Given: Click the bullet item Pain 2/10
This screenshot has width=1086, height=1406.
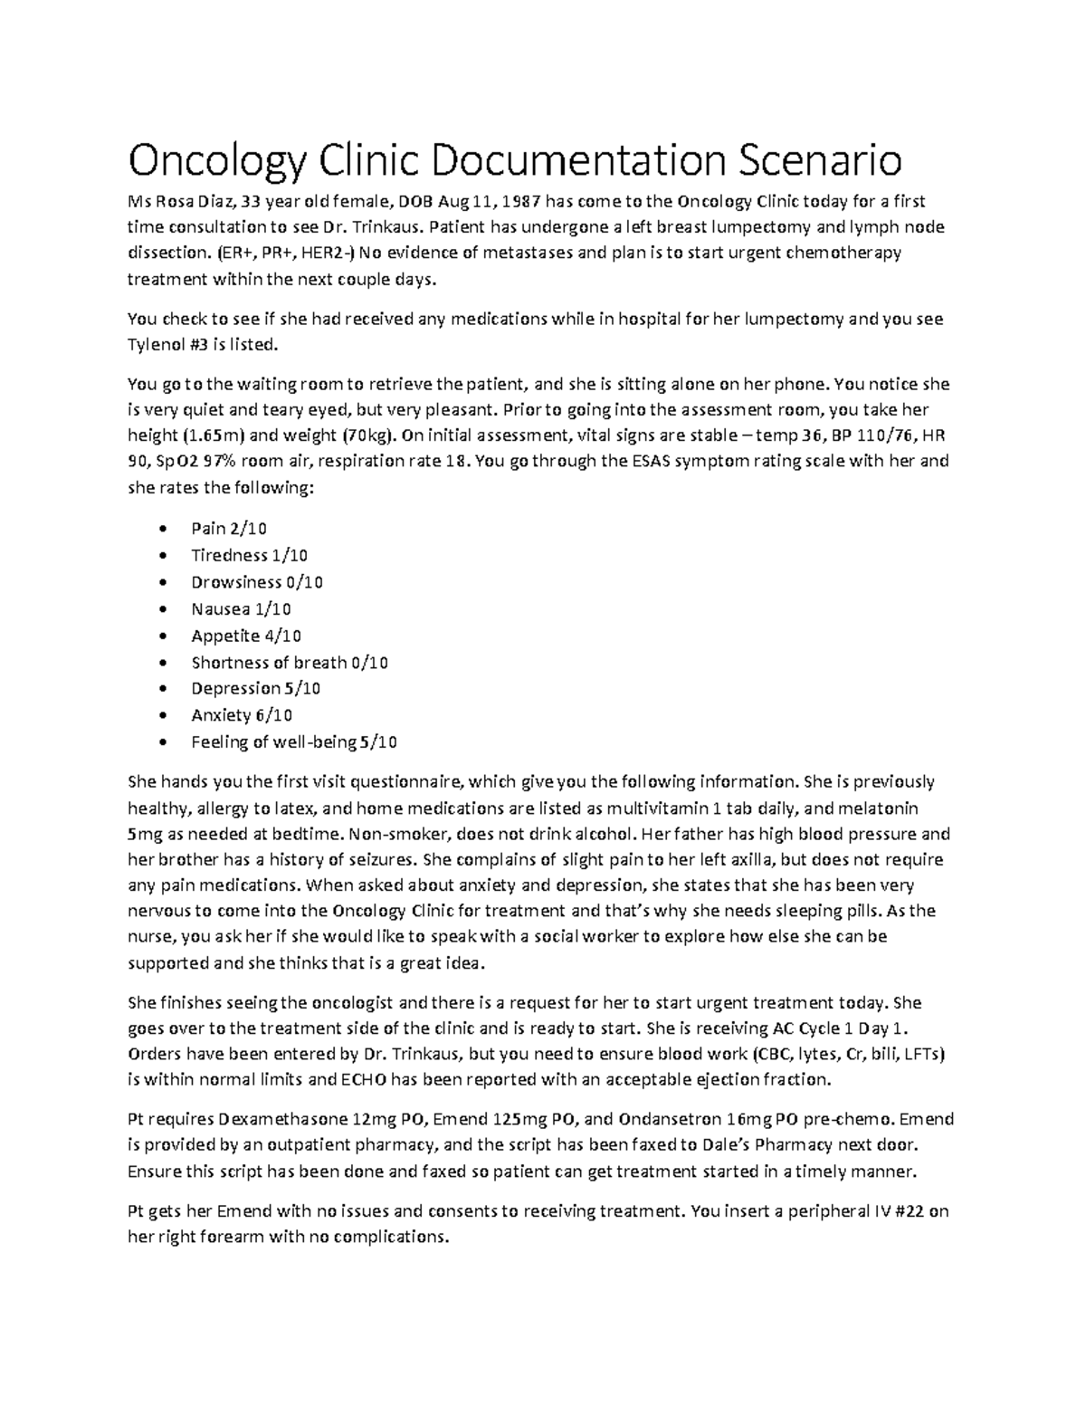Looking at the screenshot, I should tap(228, 529).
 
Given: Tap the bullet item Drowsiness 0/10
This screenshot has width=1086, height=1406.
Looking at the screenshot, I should tap(256, 582).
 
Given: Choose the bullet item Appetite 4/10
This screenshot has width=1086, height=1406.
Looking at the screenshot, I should tap(246, 636).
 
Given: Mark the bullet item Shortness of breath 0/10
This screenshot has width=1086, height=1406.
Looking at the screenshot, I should tap(289, 663).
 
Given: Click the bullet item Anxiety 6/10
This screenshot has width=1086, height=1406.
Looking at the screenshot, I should tap(241, 715).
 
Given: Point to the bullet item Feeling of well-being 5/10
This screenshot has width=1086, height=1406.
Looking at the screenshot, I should tap(293, 742).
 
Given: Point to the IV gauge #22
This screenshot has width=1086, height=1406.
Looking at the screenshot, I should tap(906, 1211).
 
